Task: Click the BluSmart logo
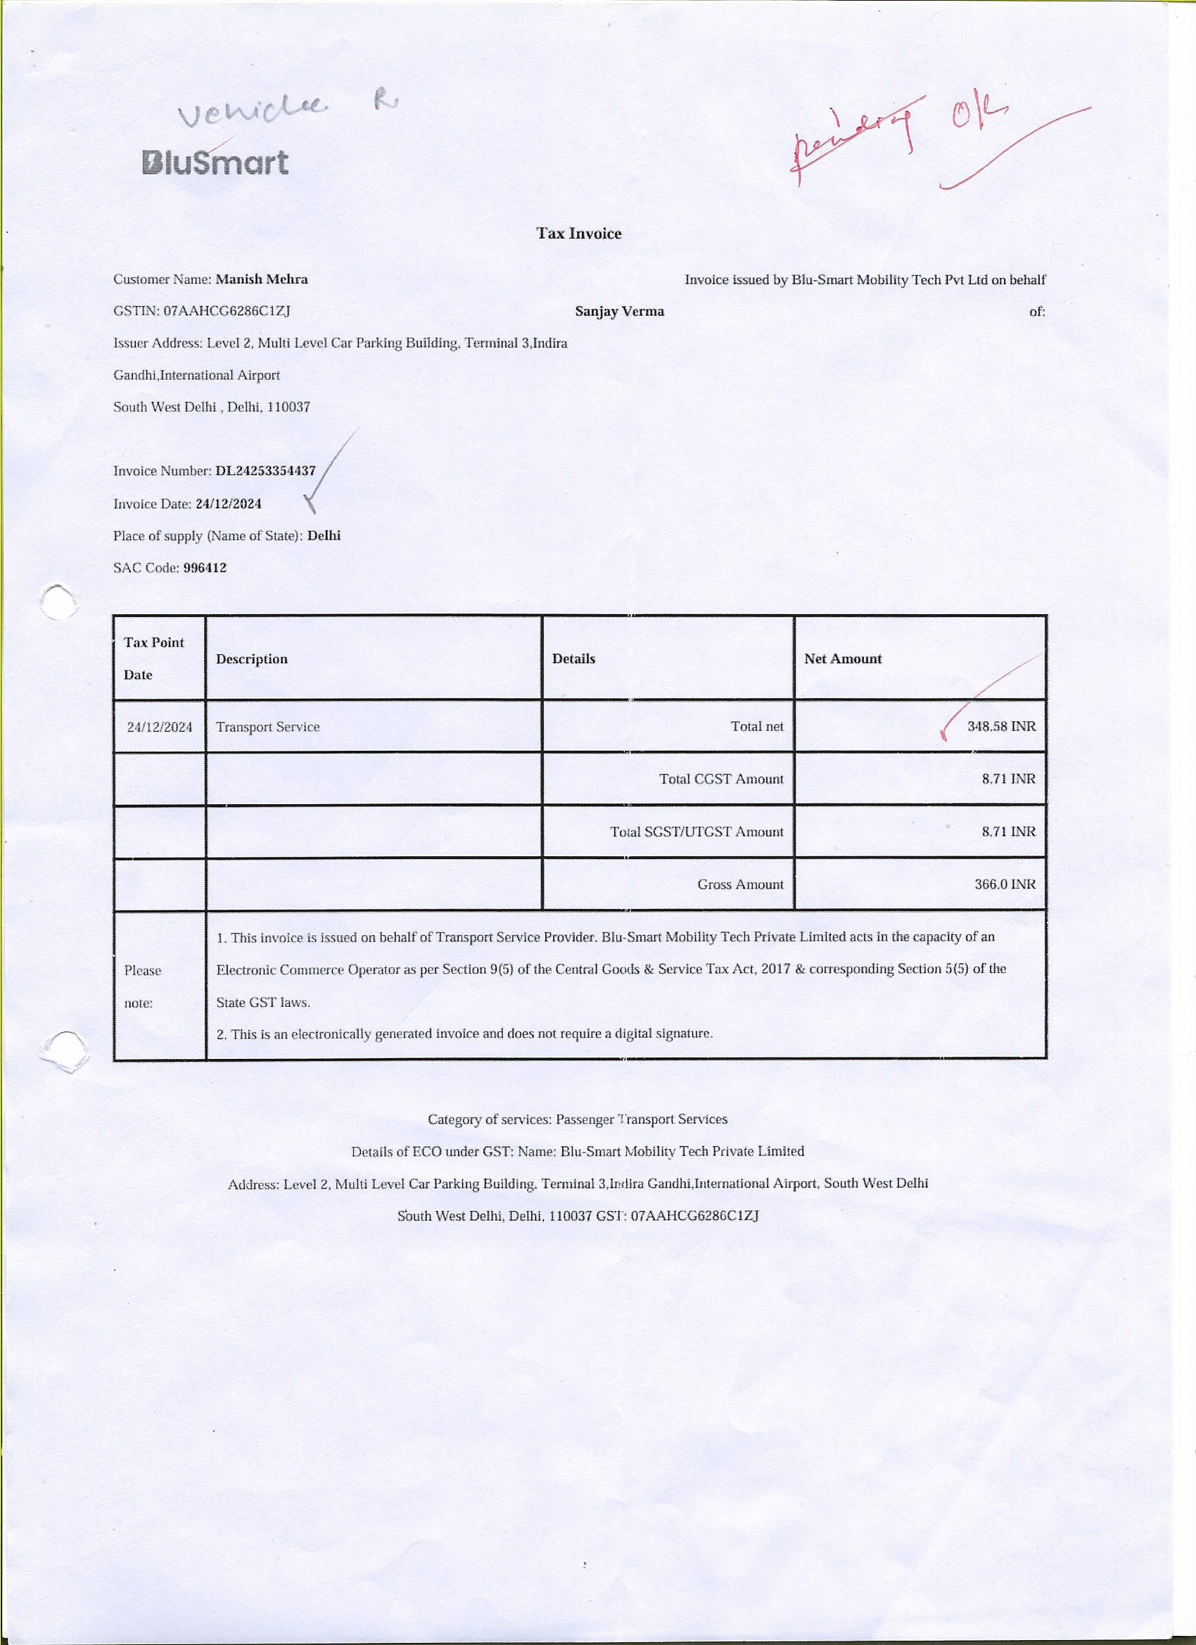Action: pyautogui.click(x=215, y=163)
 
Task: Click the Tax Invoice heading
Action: pyautogui.click(x=579, y=234)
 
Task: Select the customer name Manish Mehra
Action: pyautogui.click(x=262, y=279)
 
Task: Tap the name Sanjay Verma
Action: pyautogui.click(x=619, y=311)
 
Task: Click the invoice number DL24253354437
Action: pyautogui.click(x=265, y=471)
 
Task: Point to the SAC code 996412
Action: pyautogui.click(x=205, y=568)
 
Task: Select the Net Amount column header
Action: pyautogui.click(x=843, y=659)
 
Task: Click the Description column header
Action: pyautogui.click(x=252, y=659)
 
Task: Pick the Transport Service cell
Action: pyautogui.click(x=267, y=727)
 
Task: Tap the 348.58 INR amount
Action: pyautogui.click(x=1001, y=726)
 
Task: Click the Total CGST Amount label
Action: pyautogui.click(x=721, y=779)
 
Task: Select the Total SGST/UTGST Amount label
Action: pyautogui.click(x=696, y=832)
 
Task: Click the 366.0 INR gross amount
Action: pyautogui.click(x=1005, y=884)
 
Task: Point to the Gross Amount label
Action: pyautogui.click(x=740, y=884)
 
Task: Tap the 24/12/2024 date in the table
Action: pyautogui.click(x=160, y=727)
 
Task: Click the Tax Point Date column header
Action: pyautogui.click(x=154, y=658)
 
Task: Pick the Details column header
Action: pyautogui.click(x=573, y=659)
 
